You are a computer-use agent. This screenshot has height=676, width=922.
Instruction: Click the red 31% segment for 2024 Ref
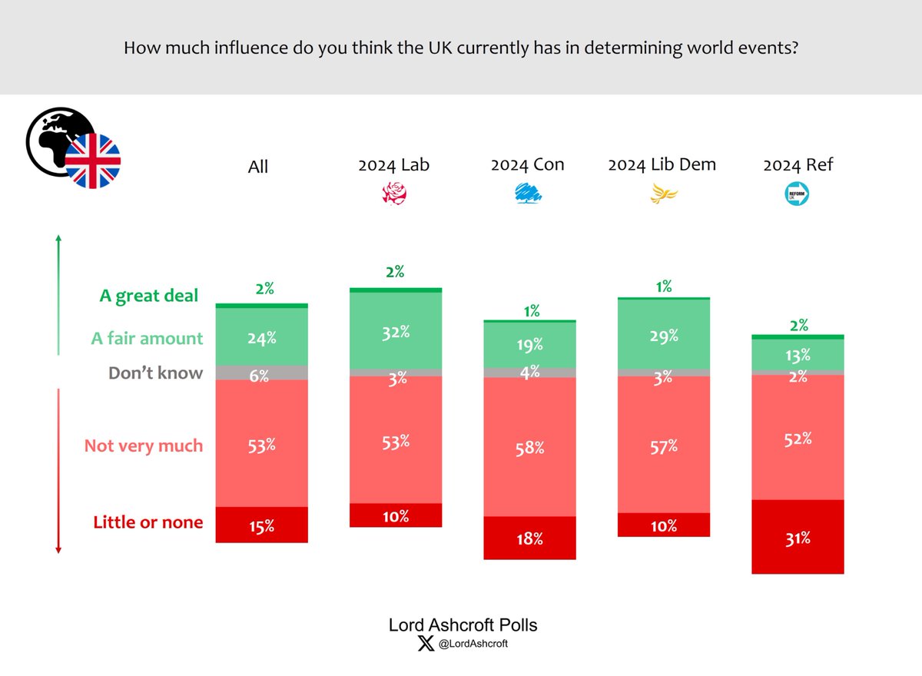point(798,537)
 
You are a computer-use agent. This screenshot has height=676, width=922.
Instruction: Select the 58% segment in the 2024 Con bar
point(529,446)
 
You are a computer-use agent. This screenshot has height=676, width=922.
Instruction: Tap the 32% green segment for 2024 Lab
point(395,331)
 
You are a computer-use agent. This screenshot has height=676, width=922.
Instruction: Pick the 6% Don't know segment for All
point(261,373)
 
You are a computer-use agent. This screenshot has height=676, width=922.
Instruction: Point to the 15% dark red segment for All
point(261,525)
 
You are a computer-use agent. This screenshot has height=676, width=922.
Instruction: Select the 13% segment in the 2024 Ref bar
point(798,355)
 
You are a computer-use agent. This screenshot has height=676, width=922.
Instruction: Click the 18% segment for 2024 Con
point(529,538)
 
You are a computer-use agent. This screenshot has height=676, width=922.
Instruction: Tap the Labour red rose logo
point(394,194)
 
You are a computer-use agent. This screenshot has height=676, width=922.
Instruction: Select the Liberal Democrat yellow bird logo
point(662,194)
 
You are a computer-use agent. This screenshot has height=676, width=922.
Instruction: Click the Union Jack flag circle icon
point(92,161)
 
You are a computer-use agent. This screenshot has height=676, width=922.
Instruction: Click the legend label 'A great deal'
point(148,296)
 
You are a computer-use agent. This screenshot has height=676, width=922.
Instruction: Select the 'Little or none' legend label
point(148,522)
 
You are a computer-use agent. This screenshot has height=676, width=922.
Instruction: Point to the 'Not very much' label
point(144,446)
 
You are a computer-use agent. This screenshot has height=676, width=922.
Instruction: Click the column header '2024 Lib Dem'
point(662,164)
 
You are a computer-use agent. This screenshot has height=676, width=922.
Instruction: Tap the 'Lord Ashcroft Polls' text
point(463,625)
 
